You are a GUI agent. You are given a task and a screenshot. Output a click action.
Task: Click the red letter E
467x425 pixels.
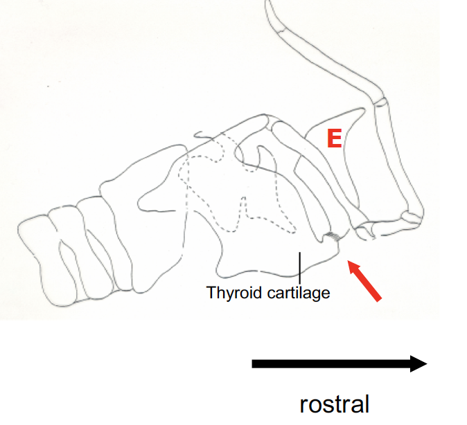coord(334,139)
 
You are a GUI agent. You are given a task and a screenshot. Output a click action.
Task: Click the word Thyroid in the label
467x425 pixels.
coord(229,293)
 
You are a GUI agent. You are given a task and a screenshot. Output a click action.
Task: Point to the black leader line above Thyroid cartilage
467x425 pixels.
coord(299,267)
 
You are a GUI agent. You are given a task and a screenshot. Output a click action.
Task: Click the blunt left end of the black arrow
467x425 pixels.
coord(254,363)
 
